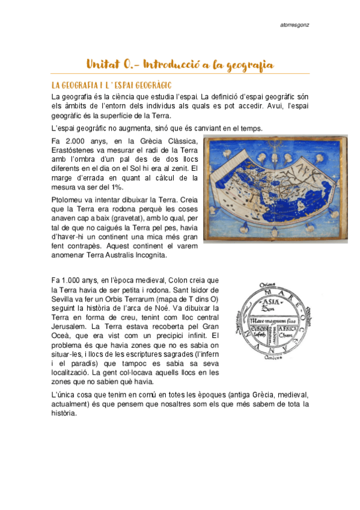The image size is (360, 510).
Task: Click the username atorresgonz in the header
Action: click(x=296, y=25)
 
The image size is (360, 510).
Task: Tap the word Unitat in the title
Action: click(x=103, y=64)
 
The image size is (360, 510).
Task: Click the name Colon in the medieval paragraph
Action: click(x=175, y=280)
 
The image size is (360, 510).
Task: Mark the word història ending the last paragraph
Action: click(x=66, y=414)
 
